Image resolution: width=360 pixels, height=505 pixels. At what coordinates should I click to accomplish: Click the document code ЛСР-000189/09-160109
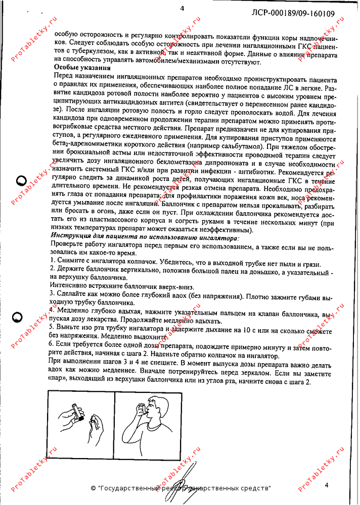coord(293,14)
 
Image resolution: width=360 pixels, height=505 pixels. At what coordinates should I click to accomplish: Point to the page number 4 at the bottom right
coord(327,485)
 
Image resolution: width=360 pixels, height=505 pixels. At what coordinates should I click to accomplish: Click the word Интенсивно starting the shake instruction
coord(70,285)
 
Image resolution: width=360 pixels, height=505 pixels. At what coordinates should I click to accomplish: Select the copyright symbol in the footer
coord(93,488)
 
